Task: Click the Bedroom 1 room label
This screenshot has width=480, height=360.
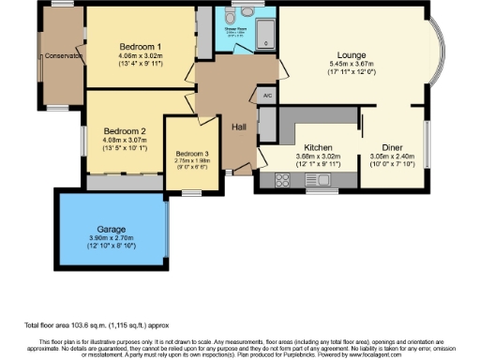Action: [x=141, y=46]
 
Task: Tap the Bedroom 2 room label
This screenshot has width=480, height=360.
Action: [x=125, y=130]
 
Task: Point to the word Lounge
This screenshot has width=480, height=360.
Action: [x=352, y=54]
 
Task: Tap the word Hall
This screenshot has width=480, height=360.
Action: [x=238, y=128]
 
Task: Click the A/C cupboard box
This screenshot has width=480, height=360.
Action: [x=267, y=95]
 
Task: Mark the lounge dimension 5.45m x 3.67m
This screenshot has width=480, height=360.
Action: [x=352, y=64]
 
